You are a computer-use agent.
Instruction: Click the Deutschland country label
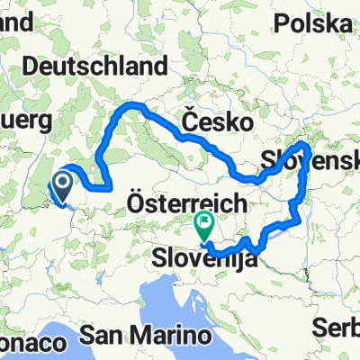(98, 67)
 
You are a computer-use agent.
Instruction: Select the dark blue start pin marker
(63, 188)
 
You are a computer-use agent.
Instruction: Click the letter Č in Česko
(190, 119)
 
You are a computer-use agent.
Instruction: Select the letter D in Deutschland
(36, 67)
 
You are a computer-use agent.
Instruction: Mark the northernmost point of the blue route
(135, 105)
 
